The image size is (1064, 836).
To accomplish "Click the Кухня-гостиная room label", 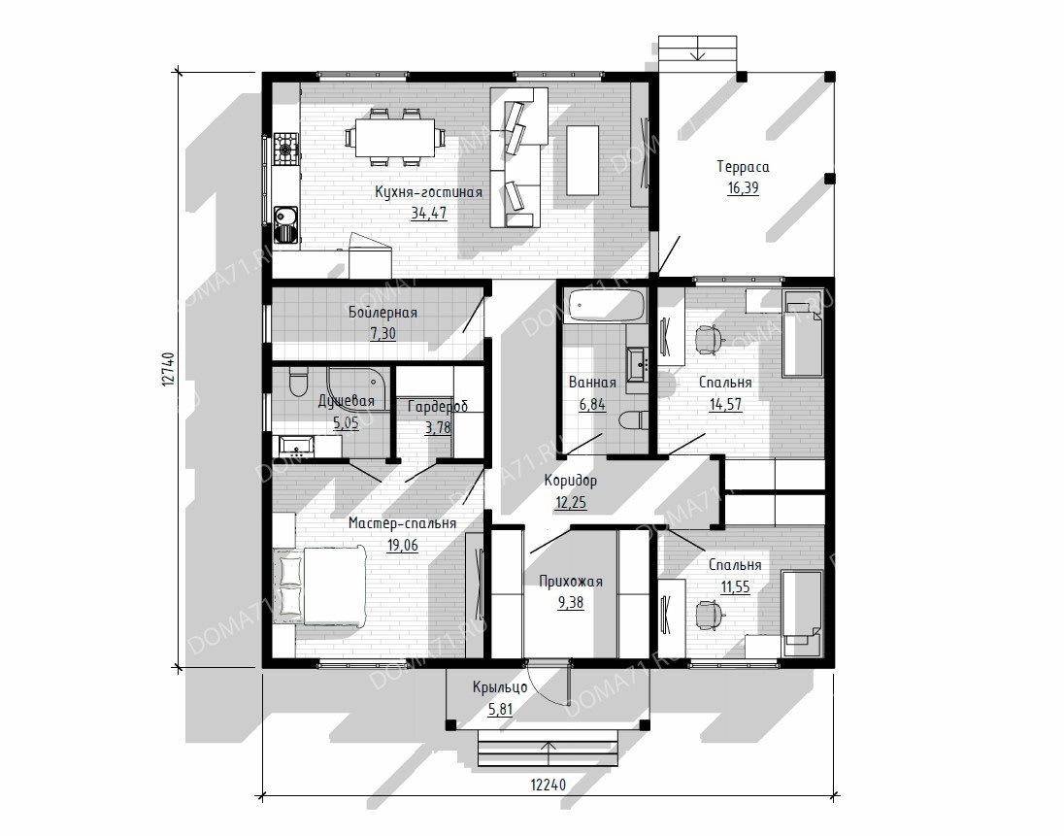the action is [428, 192].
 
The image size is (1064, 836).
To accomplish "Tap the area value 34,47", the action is [429, 213].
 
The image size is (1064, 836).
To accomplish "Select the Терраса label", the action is [743, 167].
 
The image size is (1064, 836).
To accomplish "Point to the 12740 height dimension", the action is [169, 369].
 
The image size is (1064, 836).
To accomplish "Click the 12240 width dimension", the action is [548, 785].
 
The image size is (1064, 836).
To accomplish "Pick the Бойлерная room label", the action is [382, 313].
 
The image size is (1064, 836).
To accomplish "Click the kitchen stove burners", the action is [285, 146].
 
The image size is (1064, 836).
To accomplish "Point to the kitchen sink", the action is [286, 224].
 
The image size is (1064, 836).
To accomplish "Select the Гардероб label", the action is [438, 407].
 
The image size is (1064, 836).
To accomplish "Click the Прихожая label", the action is [571, 582].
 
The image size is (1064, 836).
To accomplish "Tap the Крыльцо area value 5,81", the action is [500, 710].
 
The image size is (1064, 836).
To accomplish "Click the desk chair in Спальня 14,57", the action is [709, 339].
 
